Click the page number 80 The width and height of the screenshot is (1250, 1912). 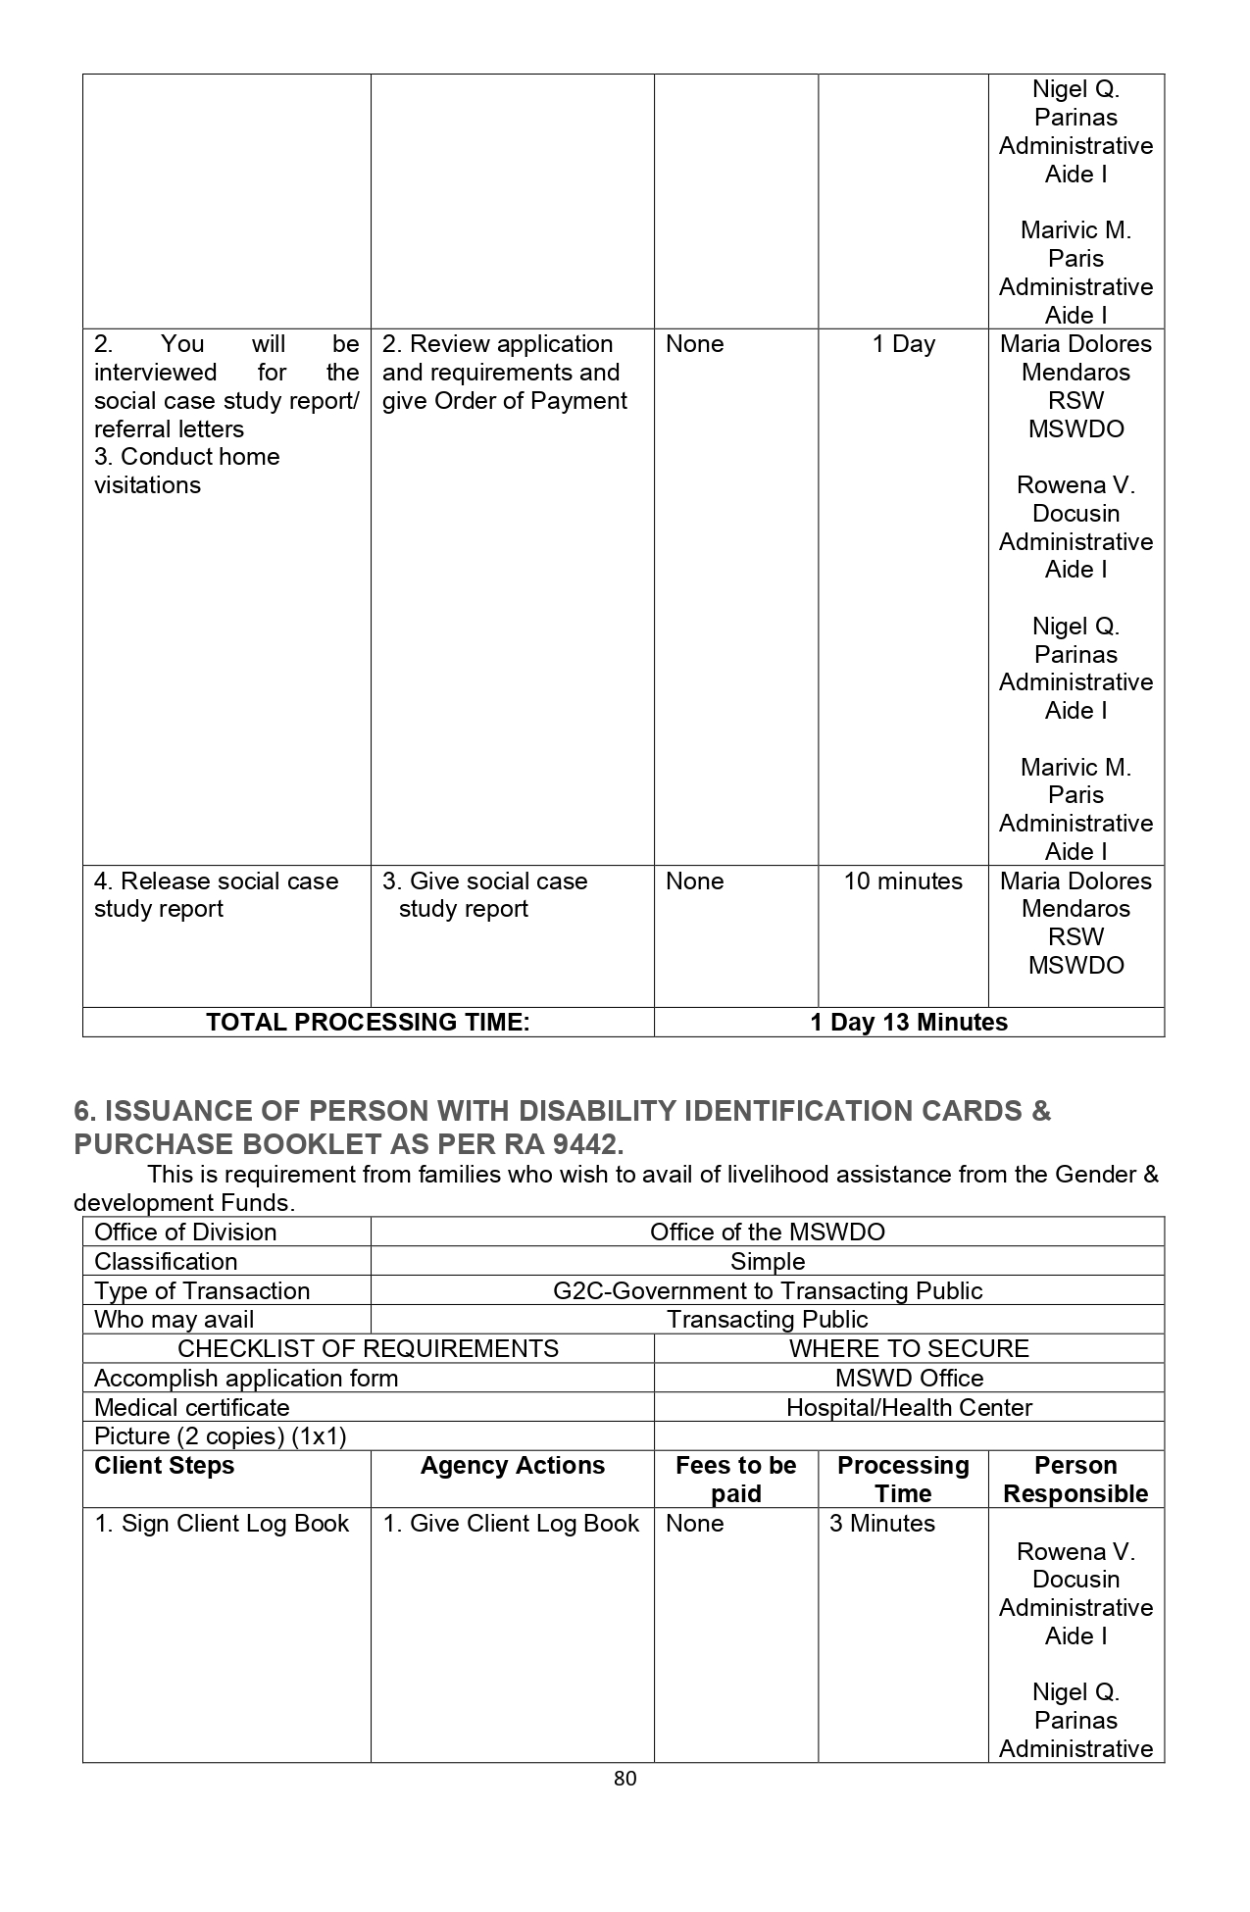tap(625, 1778)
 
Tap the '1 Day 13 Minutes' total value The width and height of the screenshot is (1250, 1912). tap(908, 1022)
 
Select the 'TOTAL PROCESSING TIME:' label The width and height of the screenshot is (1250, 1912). tap(368, 1022)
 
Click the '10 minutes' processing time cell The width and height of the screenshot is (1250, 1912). tap(903, 881)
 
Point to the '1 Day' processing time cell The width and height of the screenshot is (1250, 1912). tap(903, 344)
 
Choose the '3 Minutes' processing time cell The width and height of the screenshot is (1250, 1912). tap(881, 1523)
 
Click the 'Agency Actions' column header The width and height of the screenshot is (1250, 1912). tap(512, 1465)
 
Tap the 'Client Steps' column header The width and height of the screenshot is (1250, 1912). tap(165, 1465)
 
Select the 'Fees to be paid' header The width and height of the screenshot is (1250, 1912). tap(735, 1479)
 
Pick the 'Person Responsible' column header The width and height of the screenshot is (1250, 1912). tap(1075, 1479)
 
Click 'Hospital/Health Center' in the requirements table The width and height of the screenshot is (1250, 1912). tap(908, 1407)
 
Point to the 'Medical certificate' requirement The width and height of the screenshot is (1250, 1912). tap(192, 1407)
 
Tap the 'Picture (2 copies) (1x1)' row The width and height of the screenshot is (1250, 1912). tap(221, 1435)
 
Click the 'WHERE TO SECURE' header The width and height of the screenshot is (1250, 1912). tap(908, 1348)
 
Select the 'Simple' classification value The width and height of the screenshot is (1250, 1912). tap(767, 1261)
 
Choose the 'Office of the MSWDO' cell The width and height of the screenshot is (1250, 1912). tap(767, 1232)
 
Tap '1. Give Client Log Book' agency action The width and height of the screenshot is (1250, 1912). tap(511, 1523)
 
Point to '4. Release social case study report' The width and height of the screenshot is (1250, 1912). tap(216, 894)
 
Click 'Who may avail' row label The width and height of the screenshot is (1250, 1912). tap(175, 1319)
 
